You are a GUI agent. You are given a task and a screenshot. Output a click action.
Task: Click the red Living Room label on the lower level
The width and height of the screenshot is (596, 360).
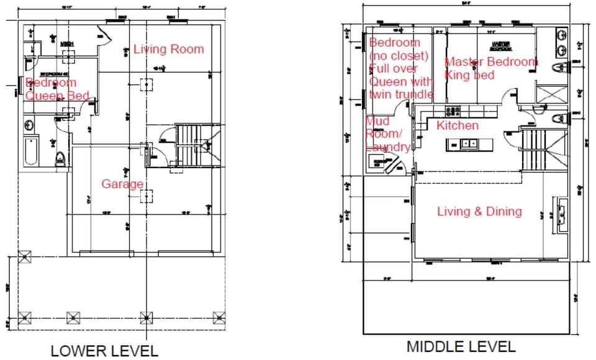click(x=168, y=49)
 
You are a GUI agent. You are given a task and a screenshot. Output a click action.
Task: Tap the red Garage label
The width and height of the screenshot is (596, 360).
click(x=122, y=184)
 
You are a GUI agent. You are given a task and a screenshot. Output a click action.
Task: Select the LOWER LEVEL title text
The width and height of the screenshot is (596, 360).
click(x=104, y=350)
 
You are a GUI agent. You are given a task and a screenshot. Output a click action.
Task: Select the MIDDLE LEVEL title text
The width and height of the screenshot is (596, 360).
click(x=461, y=346)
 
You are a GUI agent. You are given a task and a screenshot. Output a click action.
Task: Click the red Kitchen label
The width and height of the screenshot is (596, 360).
click(x=457, y=126)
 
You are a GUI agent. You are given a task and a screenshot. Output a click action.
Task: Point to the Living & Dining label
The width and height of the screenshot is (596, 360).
click(x=479, y=212)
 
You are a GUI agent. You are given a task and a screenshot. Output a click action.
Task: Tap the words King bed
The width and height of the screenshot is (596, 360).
click(x=469, y=75)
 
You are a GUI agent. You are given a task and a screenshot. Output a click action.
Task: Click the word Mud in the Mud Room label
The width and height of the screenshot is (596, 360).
click(x=377, y=121)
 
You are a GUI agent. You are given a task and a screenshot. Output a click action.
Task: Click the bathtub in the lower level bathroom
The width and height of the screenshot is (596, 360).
click(x=31, y=153)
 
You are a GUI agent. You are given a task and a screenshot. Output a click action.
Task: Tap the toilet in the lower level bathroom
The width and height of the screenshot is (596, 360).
click(x=60, y=159)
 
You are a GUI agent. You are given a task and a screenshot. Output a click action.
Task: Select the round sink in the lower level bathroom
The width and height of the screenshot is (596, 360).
click(x=29, y=125)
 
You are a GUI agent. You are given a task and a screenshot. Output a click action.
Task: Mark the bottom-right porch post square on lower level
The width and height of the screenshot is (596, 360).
click(x=219, y=317)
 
